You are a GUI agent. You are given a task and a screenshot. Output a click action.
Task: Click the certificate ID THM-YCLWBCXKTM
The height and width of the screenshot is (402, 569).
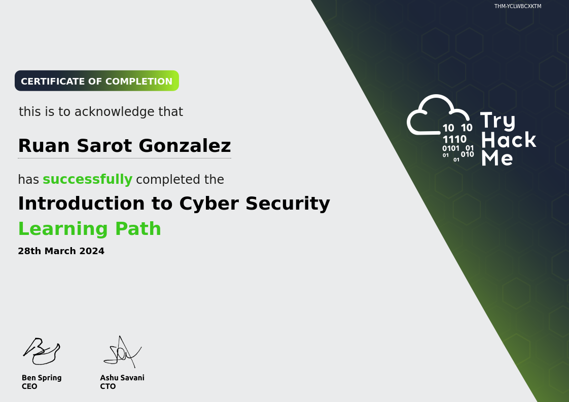tap(517, 6)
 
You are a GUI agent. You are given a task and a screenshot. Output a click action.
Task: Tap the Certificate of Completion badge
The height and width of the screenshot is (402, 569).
tap(97, 81)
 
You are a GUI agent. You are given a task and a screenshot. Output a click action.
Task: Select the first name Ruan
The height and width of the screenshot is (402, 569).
tap(44, 146)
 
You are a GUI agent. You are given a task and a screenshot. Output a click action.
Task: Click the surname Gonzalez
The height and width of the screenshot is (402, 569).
tap(185, 146)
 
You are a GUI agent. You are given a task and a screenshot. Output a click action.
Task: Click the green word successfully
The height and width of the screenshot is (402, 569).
tap(87, 179)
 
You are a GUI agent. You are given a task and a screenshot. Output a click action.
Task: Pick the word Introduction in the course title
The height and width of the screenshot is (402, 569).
tap(82, 203)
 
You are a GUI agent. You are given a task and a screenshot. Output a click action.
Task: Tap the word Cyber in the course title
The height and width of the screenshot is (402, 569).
tap(209, 204)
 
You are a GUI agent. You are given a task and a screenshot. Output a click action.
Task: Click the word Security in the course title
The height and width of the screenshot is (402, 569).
tap(288, 204)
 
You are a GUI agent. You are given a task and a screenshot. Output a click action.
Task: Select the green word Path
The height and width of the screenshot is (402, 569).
tap(138, 228)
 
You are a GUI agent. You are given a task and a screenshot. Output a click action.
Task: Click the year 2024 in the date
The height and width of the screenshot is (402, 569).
tap(92, 251)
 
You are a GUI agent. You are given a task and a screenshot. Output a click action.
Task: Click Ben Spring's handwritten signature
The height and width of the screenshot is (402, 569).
tap(42, 351)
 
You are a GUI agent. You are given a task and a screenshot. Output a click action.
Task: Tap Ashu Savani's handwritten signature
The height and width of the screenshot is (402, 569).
tap(122, 352)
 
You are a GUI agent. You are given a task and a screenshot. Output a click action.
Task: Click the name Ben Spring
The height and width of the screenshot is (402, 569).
tap(42, 378)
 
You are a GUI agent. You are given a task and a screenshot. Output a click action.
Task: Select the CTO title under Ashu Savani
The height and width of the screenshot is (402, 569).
tap(108, 386)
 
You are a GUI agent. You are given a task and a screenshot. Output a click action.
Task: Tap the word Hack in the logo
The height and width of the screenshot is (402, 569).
tap(509, 140)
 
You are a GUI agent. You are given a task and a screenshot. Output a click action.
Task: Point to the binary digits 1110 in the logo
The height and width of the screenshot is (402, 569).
tap(454, 139)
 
